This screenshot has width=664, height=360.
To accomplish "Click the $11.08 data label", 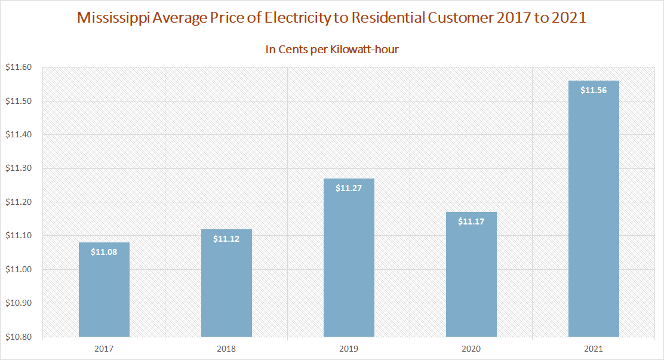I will (x=104, y=252).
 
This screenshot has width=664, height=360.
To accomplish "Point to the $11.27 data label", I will (x=349, y=188).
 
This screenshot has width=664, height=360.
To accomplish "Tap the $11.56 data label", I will (x=594, y=90).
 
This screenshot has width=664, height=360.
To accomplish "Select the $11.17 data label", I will (x=471, y=221).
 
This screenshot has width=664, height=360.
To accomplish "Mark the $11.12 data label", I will (x=226, y=239).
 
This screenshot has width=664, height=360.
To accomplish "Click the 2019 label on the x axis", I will (x=349, y=347).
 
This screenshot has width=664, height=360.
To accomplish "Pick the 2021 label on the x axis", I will (x=594, y=347).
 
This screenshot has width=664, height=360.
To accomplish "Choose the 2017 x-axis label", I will (x=104, y=347).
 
